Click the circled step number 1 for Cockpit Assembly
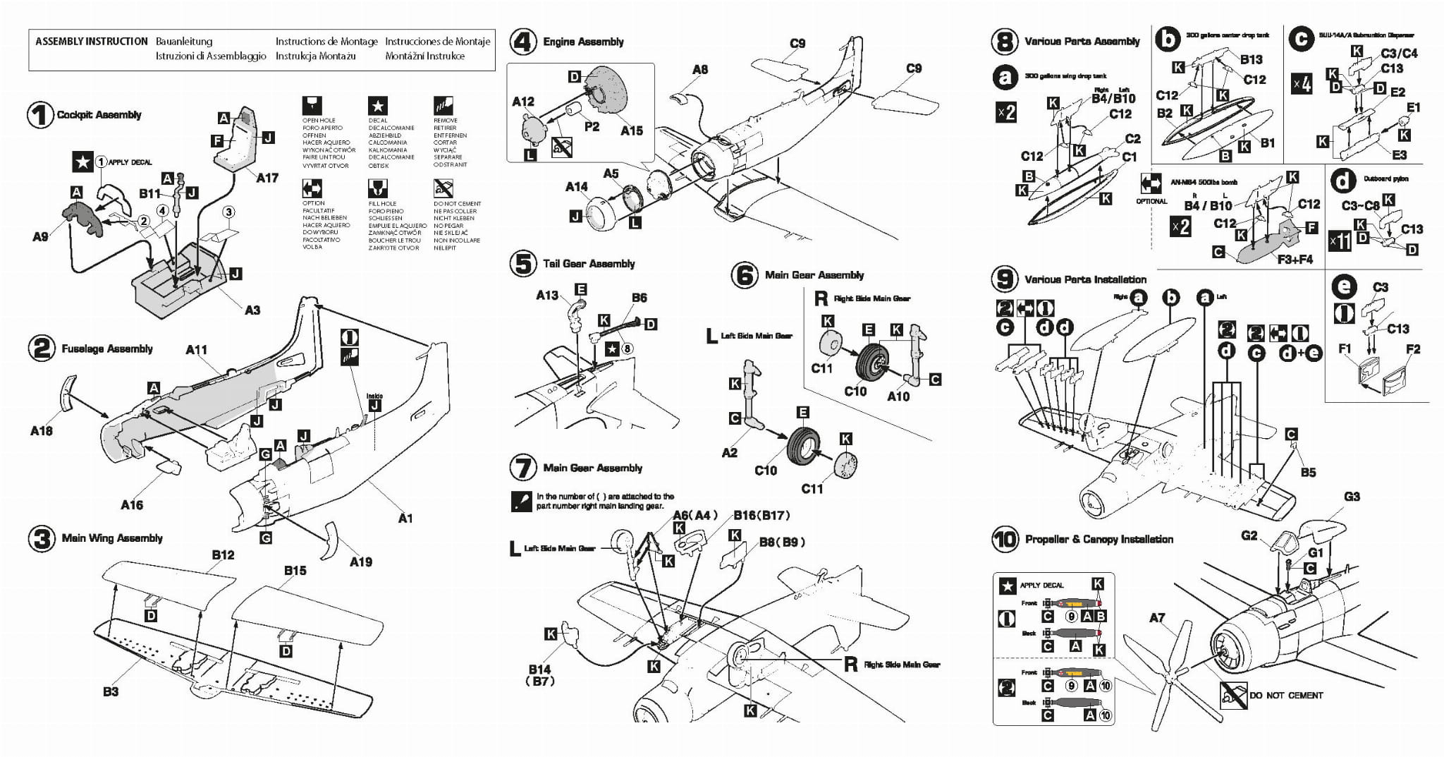(40, 115)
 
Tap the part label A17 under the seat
(267, 178)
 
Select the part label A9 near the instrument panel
(41, 236)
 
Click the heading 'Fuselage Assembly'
(107, 349)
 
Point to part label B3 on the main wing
(111, 691)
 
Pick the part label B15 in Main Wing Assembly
(295, 570)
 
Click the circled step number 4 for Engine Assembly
(523, 42)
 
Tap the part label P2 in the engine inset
(592, 126)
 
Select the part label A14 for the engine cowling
(576, 186)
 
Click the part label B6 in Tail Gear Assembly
(639, 298)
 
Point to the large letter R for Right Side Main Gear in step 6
(820, 298)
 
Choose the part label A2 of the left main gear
(729, 452)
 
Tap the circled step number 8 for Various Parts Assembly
(1004, 42)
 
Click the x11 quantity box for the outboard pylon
(1339, 241)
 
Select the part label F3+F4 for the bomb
(1295, 259)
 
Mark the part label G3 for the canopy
(1351, 497)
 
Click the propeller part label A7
(1157, 618)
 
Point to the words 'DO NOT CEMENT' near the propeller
(1286, 695)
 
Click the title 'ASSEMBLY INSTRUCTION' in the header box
(92, 42)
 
